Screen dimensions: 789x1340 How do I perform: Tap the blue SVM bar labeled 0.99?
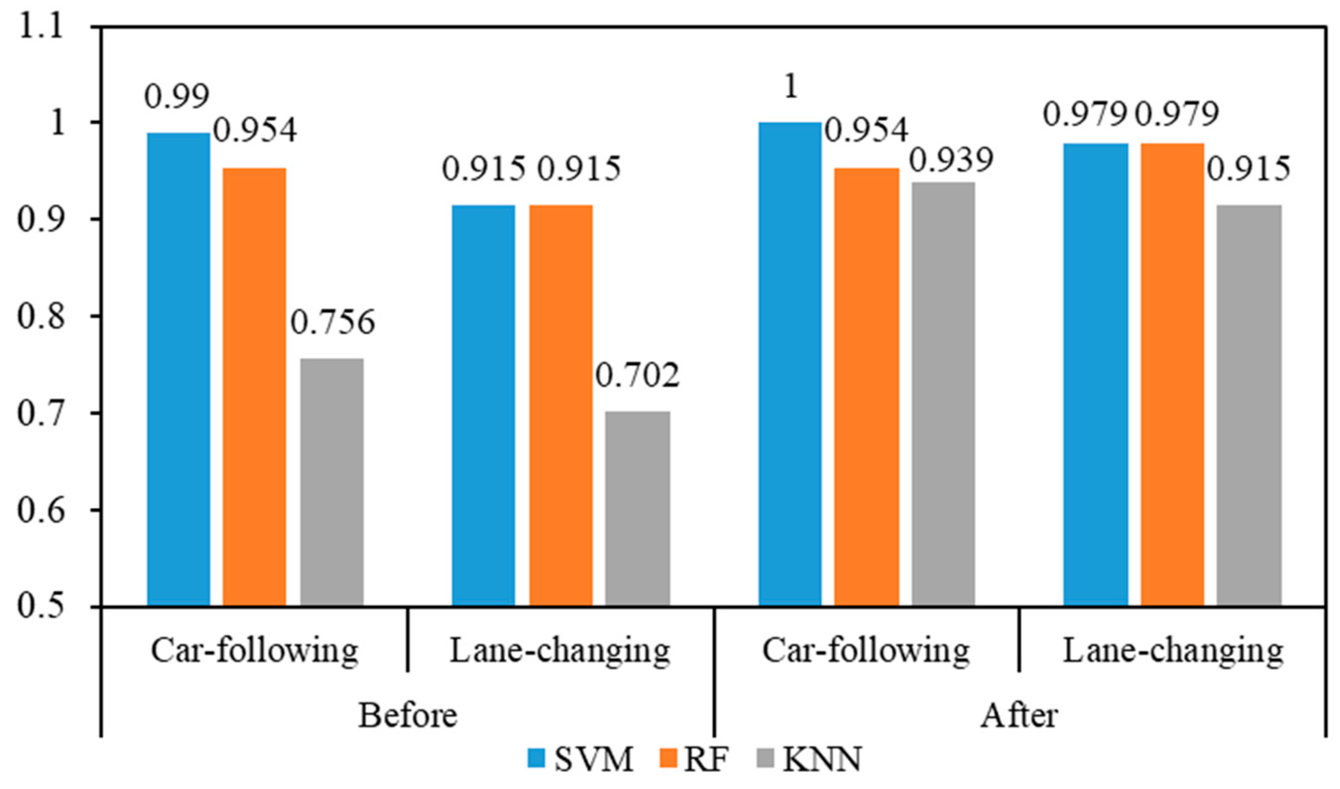point(178,369)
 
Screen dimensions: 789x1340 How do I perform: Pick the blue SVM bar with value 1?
point(790,364)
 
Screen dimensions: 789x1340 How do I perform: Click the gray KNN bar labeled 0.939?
point(943,394)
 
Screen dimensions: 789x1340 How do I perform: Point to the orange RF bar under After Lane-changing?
point(1172,374)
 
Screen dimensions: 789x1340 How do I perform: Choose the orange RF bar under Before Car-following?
point(254,387)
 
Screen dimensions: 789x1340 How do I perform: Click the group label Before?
point(408,716)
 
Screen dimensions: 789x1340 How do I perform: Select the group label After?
point(1019,716)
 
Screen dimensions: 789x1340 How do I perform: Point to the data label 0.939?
point(951,159)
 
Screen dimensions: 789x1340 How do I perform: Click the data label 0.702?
point(637,375)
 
